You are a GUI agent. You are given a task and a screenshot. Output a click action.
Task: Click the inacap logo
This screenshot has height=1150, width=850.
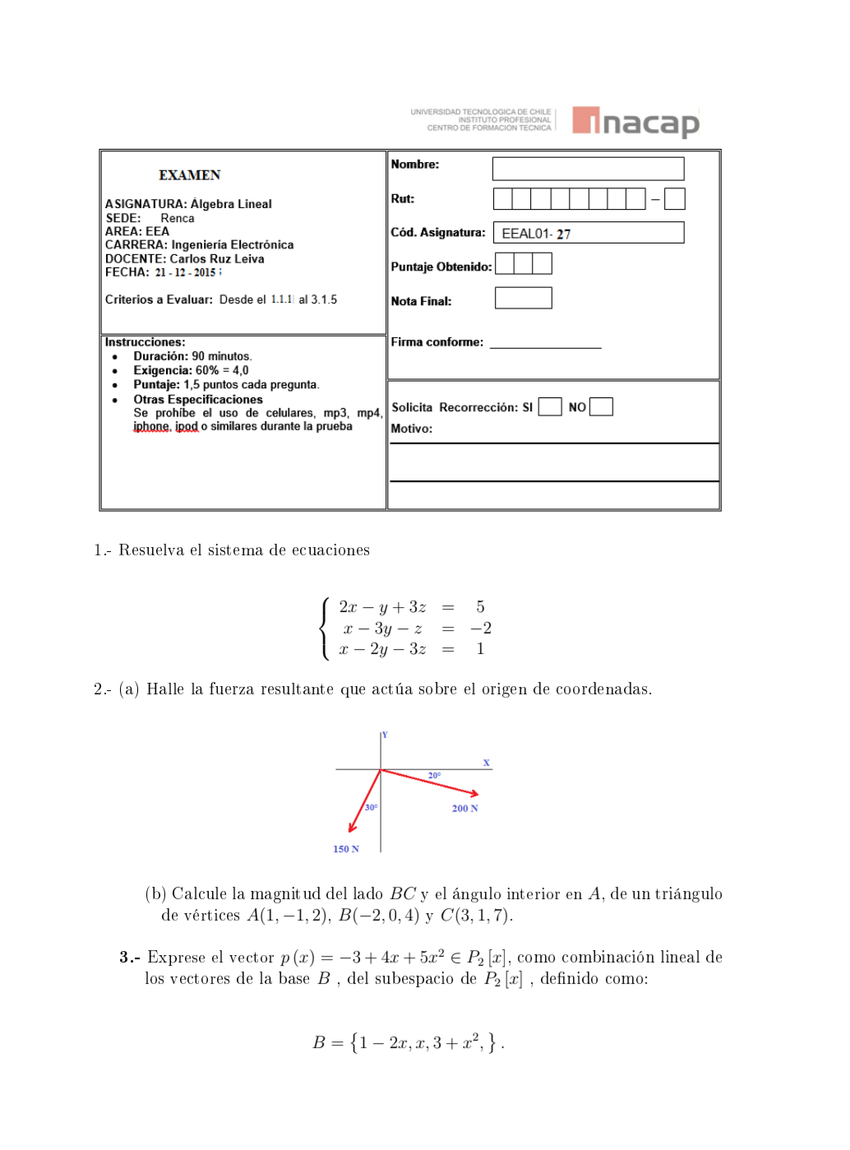coord(635,122)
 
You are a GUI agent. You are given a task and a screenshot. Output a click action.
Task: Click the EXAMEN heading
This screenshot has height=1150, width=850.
coord(189,175)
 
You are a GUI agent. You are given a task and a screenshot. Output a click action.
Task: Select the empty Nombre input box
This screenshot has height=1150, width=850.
coord(588,169)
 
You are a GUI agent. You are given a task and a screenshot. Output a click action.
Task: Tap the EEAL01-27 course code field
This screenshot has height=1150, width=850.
coord(588,233)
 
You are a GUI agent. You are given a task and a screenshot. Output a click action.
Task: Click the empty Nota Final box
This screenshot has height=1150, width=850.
coord(523,298)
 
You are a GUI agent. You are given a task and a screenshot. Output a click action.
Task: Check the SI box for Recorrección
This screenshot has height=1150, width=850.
coord(550,407)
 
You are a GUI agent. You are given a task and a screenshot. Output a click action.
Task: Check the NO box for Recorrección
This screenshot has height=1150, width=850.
coord(601,407)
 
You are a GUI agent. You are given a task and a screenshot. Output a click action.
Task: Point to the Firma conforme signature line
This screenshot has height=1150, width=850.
coord(545,346)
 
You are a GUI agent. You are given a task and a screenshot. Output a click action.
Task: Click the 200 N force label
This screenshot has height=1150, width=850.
coord(464,809)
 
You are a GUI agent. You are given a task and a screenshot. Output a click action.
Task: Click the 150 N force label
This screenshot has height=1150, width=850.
coord(345,849)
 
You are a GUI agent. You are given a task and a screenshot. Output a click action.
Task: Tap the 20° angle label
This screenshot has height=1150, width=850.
coord(434,776)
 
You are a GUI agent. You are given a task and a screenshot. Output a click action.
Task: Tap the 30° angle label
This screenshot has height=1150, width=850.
coord(371,808)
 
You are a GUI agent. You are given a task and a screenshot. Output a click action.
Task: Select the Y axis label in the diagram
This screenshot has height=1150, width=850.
coord(385,735)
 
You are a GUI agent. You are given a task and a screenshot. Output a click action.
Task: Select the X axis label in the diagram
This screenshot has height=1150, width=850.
coord(486,763)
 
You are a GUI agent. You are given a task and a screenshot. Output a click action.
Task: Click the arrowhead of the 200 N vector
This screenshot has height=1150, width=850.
coord(474,794)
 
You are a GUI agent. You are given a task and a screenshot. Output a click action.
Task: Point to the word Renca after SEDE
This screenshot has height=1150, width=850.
coord(178,218)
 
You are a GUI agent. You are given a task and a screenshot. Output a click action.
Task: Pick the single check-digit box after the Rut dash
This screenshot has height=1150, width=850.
coord(674,199)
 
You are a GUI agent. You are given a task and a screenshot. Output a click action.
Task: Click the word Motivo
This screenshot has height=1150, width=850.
coord(411,429)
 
